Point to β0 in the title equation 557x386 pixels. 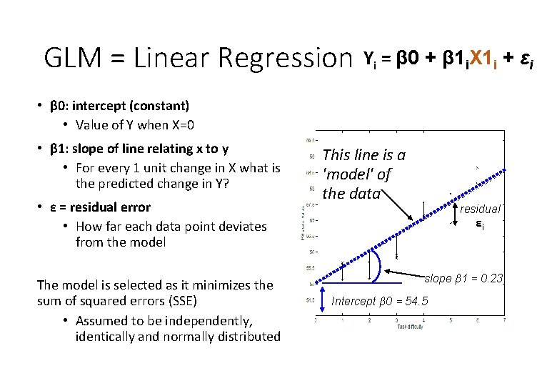point(409,59)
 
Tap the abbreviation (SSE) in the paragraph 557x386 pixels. point(214,300)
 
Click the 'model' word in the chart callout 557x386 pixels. point(346,174)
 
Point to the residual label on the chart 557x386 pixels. point(480,209)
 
